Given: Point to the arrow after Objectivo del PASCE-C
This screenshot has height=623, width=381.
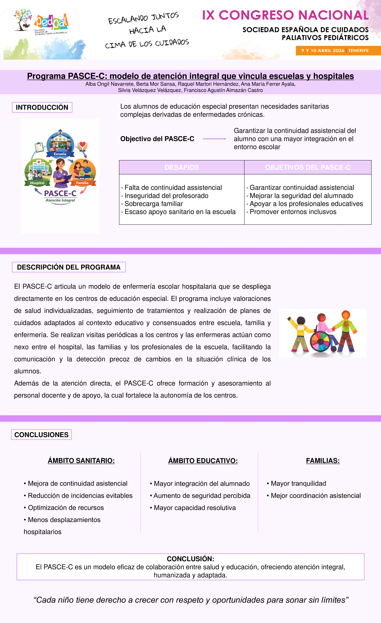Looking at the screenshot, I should coord(214,139).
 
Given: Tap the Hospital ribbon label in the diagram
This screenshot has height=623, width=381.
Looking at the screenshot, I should coord(37,183).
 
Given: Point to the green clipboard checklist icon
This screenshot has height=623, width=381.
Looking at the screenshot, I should coord(39,147).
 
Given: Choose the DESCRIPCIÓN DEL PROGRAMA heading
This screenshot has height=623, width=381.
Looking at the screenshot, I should coord(69,267).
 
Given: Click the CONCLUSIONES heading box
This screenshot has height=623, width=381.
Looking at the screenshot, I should coord(41,435).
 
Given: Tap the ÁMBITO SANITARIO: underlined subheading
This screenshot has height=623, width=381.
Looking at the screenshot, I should coord(81,461).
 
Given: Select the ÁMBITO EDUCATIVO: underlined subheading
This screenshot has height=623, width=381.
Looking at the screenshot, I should coord(203,461).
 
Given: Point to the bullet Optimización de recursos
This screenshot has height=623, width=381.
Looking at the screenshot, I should coord(66,508).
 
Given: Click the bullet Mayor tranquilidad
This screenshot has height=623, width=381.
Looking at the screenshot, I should coord(298,483).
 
